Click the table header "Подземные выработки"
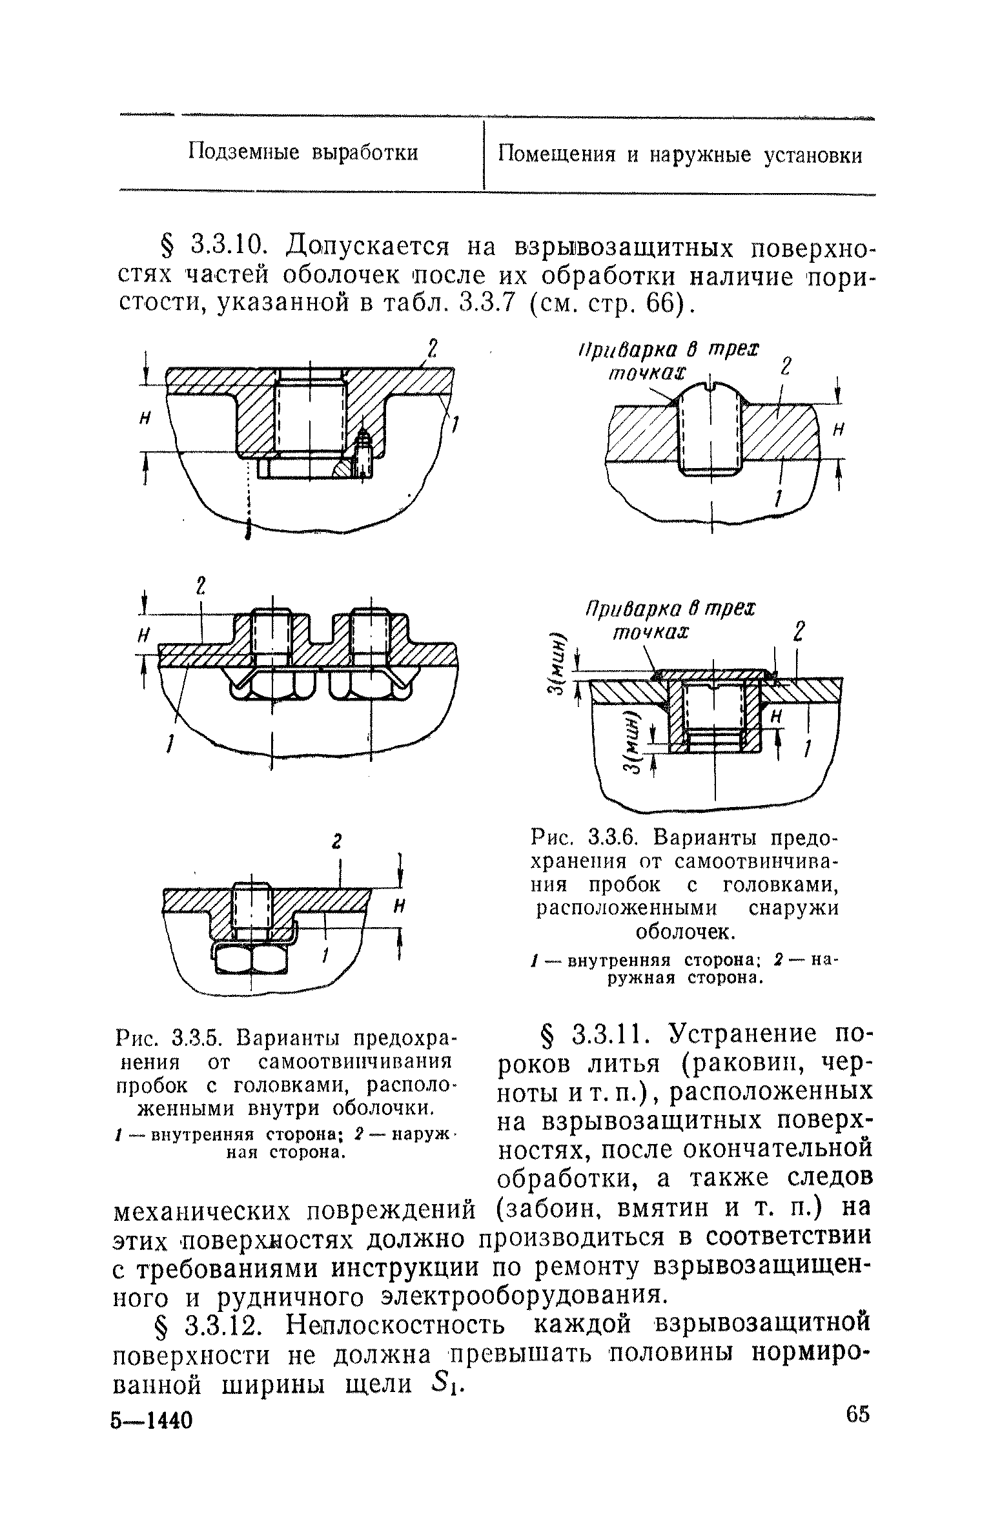pyautogui.click(x=303, y=153)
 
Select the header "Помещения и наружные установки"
pyautogui.click(x=680, y=155)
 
